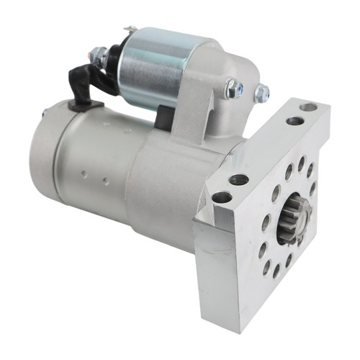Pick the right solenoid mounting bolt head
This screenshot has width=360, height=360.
[x=261, y=92]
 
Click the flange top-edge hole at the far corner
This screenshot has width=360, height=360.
[x=308, y=107]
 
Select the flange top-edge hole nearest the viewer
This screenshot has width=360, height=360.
[x=222, y=196]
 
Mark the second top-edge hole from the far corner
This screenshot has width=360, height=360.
[x=294, y=121]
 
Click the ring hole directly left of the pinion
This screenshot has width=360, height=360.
[x=265, y=222]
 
